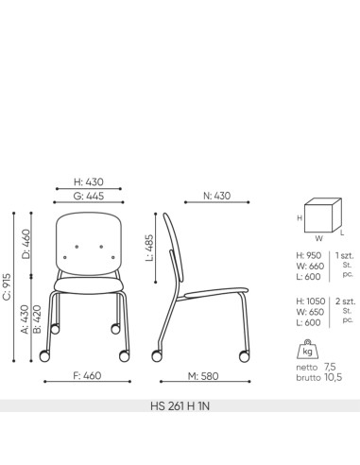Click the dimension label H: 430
[87, 181]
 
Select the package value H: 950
[309, 254]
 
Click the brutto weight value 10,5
[334, 377]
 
